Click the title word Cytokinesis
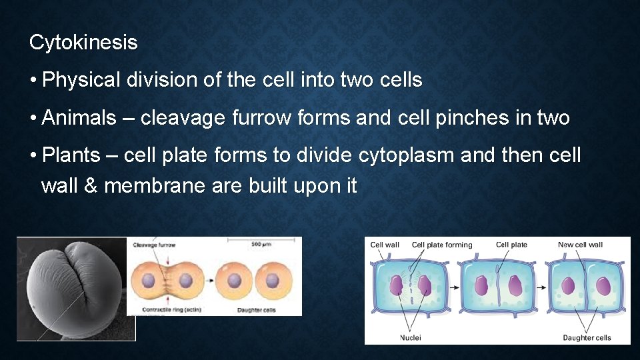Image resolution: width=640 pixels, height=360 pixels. tap(83, 43)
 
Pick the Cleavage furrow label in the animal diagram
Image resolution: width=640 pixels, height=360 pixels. tap(154, 245)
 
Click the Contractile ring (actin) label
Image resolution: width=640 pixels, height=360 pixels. tap(165, 310)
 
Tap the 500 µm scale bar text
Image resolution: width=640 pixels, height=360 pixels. tap(259, 245)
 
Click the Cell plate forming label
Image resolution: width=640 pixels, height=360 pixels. tap(441, 245)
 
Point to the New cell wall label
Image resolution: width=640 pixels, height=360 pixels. tap(580, 245)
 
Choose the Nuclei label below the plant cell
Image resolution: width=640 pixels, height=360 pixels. tap(410, 337)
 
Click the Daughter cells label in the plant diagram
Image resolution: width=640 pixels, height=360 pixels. tap(587, 337)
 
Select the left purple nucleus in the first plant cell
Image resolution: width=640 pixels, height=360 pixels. tap(396, 285)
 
